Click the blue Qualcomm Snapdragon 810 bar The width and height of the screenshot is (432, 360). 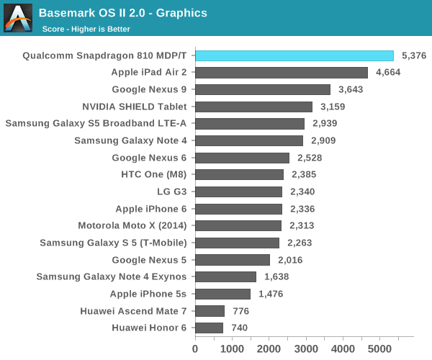[x=294, y=55]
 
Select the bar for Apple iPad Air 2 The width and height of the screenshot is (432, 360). [x=282, y=72]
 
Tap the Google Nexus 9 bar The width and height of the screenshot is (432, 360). [x=263, y=89]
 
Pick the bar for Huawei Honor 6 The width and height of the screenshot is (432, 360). [x=209, y=328]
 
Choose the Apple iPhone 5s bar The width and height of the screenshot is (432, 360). [x=222, y=294]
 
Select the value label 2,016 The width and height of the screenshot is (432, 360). [x=291, y=260]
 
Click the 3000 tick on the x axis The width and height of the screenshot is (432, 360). [x=306, y=348]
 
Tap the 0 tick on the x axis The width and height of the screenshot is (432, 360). [x=195, y=348]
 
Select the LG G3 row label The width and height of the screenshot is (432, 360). [x=171, y=192]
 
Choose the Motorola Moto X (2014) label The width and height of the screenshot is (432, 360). [x=133, y=225]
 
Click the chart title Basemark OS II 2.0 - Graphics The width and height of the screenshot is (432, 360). [x=123, y=13]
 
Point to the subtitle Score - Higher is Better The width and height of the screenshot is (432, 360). [x=86, y=30]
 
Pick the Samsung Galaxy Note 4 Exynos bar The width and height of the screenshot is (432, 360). [x=225, y=276]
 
